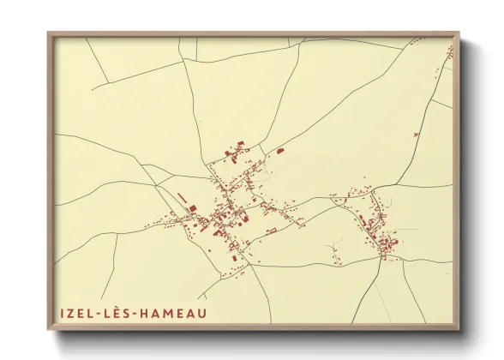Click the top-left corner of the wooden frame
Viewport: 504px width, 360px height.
click(48, 33)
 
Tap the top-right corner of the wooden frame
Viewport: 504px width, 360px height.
click(459, 33)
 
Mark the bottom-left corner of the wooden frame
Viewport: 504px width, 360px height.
click(48, 330)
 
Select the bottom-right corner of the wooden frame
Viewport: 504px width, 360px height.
click(459, 330)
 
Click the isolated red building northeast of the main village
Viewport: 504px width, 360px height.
click(280, 151)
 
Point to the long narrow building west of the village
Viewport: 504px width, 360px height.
click(182, 199)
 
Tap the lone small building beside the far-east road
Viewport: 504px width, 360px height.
click(417, 135)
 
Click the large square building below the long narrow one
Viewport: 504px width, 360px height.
click(192, 208)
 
